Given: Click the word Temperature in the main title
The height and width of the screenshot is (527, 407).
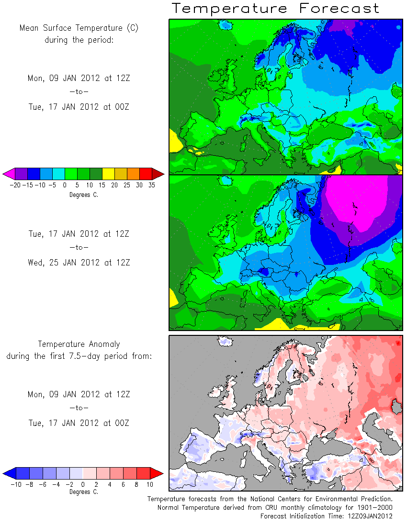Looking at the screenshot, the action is (x=230, y=9).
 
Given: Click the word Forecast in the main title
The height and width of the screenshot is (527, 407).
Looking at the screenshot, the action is (x=339, y=8).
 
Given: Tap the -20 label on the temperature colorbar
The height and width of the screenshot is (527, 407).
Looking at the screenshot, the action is (x=15, y=185).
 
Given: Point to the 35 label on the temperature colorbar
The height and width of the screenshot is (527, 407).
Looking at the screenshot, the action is (x=152, y=185).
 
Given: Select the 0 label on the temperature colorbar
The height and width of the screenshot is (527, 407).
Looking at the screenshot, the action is (x=65, y=185).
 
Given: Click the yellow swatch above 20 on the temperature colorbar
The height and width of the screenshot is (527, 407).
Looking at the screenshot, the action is (x=108, y=174).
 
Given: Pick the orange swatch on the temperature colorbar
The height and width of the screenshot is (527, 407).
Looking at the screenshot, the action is (x=133, y=174).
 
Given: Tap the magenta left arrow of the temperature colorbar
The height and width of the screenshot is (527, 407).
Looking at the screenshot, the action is (x=9, y=174).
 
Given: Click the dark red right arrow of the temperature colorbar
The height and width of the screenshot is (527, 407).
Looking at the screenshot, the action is (x=158, y=174).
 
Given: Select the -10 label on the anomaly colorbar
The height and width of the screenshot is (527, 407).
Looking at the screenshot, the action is (x=16, y=485).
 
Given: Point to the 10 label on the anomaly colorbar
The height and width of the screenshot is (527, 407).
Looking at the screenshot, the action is (x=150, y=485).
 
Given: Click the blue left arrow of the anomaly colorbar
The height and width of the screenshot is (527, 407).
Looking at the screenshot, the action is (x=10, y=473).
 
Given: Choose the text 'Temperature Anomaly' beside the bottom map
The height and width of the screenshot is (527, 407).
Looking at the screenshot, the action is (x=79, y=344).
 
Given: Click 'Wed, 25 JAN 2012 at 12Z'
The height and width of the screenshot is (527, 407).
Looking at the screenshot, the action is (x=79, y=263).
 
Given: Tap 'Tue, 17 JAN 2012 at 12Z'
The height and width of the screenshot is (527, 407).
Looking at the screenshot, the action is (x=79, y=234).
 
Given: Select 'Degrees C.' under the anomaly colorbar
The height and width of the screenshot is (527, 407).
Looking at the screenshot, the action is (x=84, y=492).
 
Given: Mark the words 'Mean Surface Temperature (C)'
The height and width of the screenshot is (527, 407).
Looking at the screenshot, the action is (x=79, y=28).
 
